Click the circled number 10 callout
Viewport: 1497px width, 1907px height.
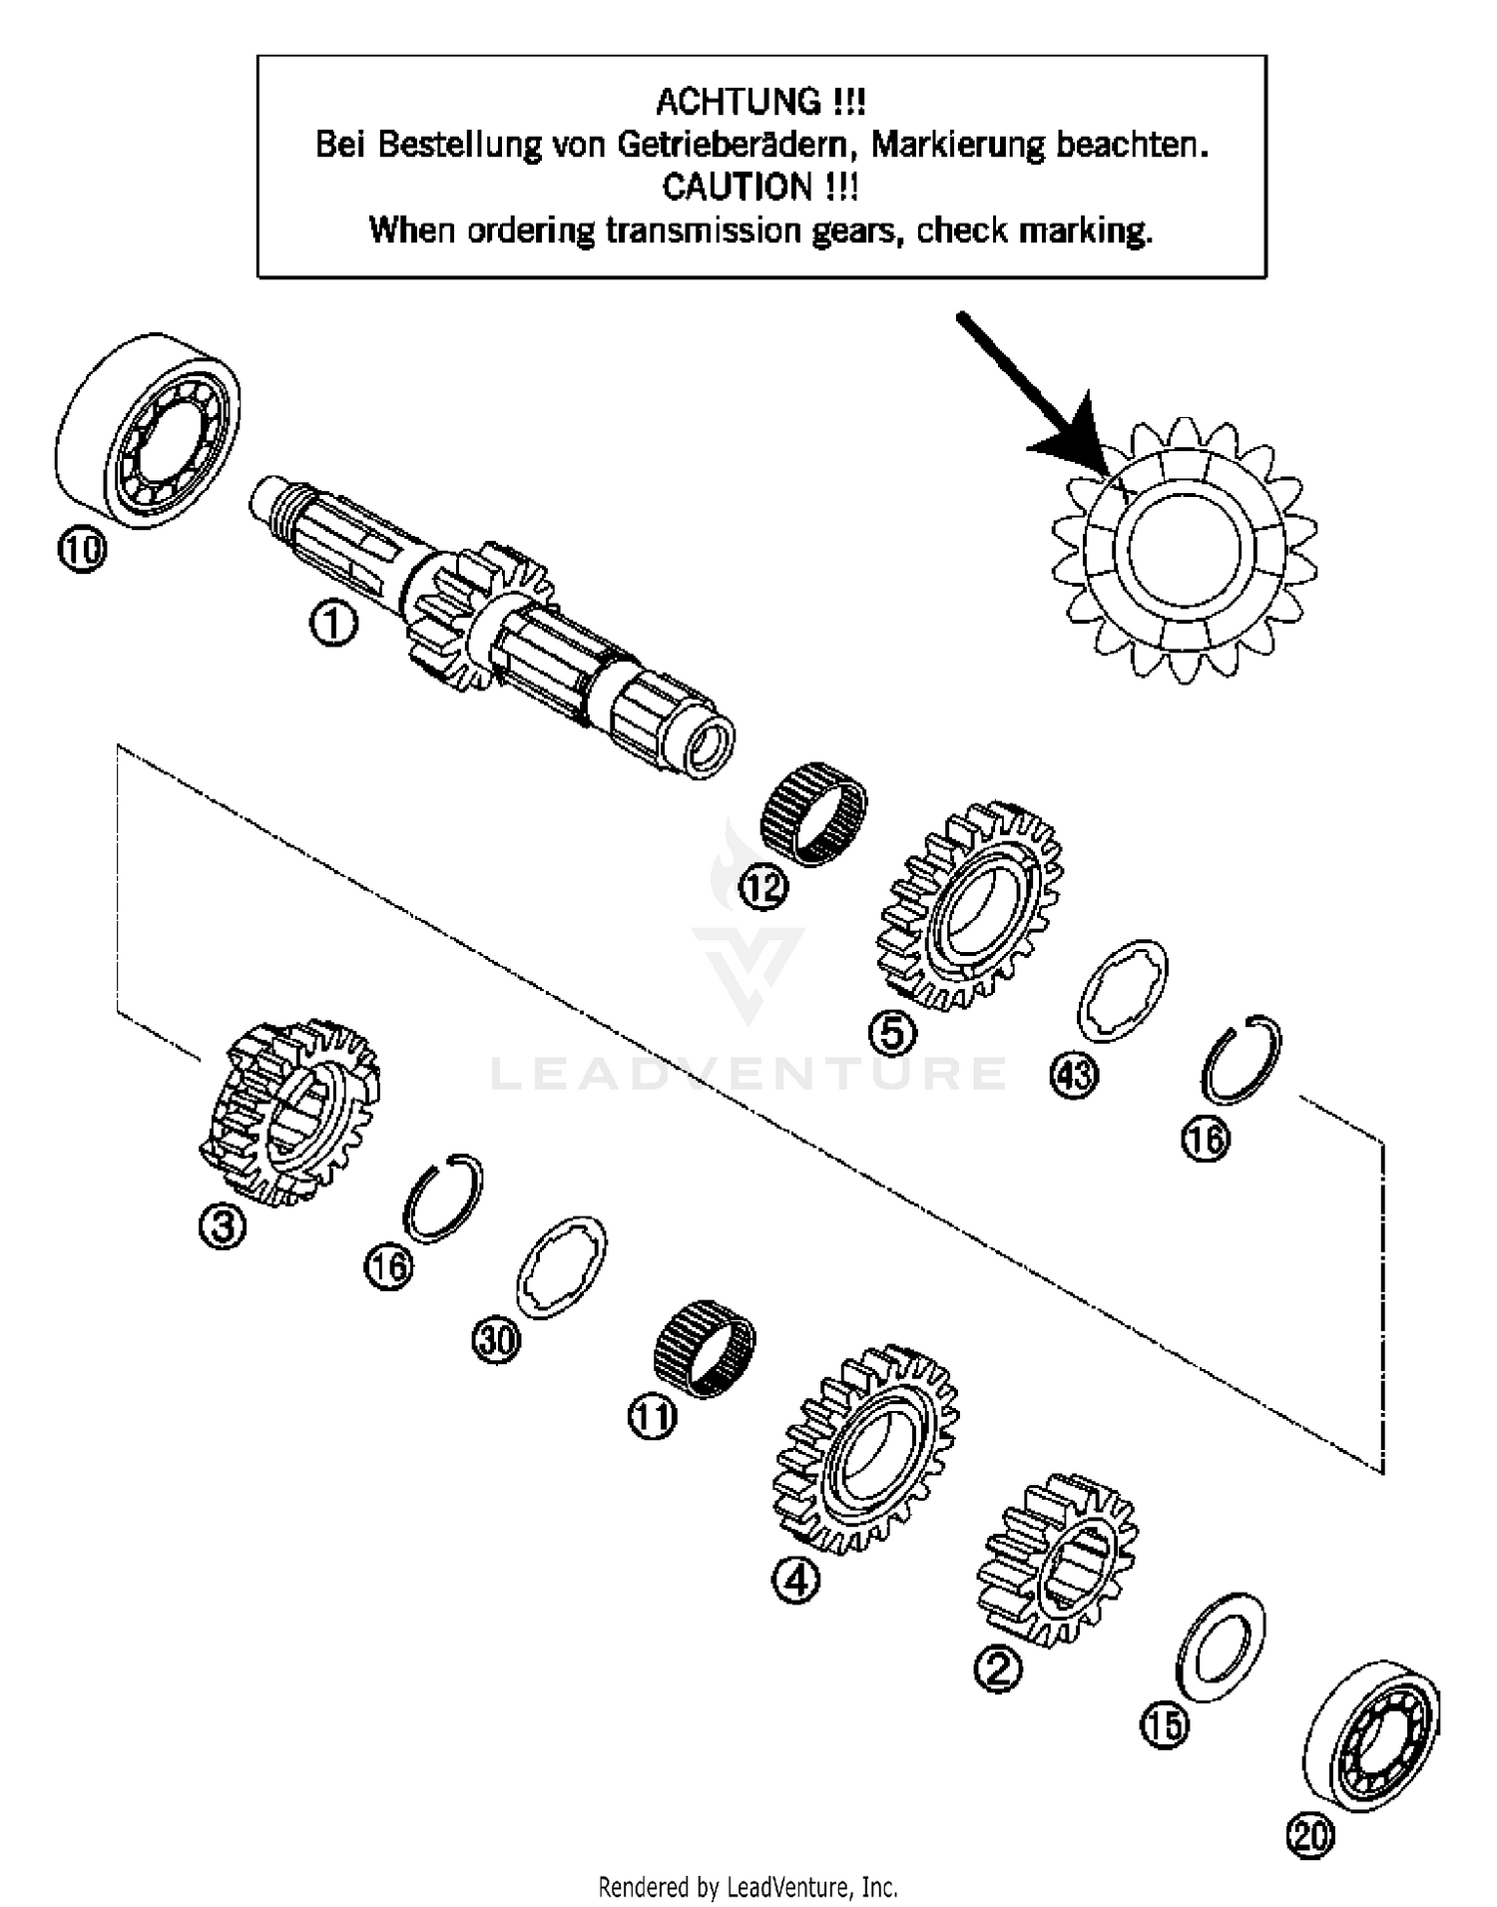(81, 550)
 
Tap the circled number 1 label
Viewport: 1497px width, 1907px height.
(332, 625)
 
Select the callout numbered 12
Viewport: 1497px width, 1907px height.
(763, 887)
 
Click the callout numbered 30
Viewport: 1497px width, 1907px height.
(496, 1339)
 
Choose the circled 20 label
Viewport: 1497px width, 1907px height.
(1310, 1835)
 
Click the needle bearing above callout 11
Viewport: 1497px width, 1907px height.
(704, 1348)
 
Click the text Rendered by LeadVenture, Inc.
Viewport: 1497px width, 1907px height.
(748, 1887)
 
